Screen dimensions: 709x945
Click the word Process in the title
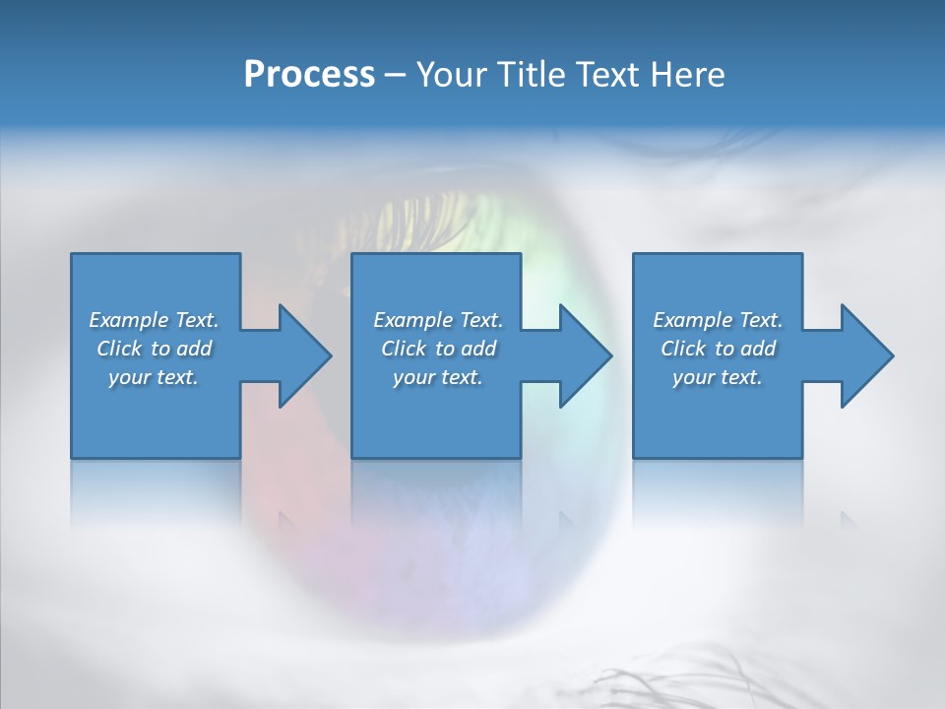[309, 74]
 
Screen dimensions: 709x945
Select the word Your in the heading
[449, 74]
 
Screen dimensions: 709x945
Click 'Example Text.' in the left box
[154, 320]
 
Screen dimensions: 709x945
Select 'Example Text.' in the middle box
[437, 320]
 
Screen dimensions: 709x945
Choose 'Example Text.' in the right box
[718, 320]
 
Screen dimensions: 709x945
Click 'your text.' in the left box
[154, 377]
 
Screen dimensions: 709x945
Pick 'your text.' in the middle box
[437, 377]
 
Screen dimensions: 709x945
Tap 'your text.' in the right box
[718, 377]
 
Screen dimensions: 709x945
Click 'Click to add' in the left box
[154, 349]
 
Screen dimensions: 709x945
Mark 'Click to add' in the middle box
[437, 349]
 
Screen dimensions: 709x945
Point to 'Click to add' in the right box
[718, 349]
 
